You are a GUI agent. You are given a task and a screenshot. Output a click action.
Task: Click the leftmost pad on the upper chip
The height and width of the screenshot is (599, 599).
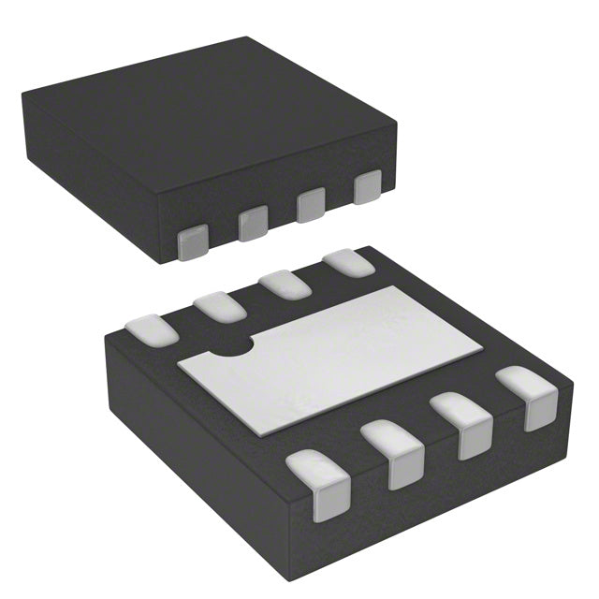pyautogui.click(x=193, y=242)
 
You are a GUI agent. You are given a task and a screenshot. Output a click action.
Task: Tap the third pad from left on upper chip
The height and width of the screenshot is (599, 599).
pyautogui.click(x=311, y=205)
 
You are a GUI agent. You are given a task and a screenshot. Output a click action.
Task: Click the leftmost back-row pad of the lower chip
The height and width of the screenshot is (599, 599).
pyautogui.click(x=150, y=329)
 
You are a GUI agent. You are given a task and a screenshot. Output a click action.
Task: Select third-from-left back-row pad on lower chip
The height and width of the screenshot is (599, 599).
pyautogui.click(x=285, y=283)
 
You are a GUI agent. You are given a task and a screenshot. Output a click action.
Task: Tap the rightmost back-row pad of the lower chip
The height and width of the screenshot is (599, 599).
pyautogui.click(x=347, y=262)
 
